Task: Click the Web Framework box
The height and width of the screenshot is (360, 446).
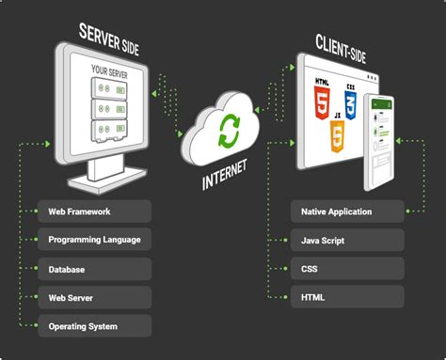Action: pyautogui.click(x=93, y=211)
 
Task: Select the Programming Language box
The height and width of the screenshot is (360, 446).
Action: pyautogui.click(x=93, y=240)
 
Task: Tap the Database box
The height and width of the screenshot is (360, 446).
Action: pyautogui.click(x=93, y=269)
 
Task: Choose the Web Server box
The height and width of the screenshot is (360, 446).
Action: pyautogui.click(x=93, y=297)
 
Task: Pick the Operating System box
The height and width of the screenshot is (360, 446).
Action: pyautogui.click(x=93, y=326)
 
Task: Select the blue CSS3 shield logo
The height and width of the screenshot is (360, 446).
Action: pyautogui.click(x=351, y=102)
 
